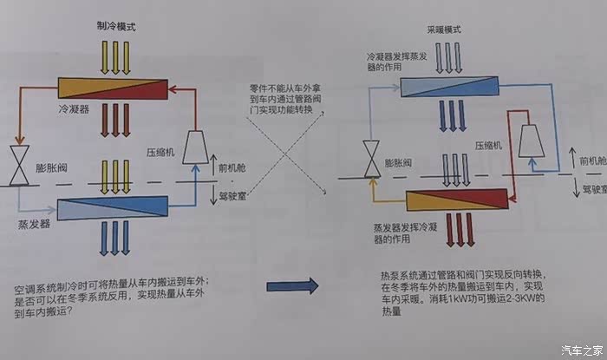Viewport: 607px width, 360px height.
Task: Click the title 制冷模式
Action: (x=116, y=27)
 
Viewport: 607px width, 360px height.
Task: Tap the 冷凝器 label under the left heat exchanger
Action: (x=75, y=111)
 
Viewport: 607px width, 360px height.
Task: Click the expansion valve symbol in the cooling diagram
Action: (x=16, y=164)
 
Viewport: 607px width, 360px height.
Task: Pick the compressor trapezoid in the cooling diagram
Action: (x=193, y=148)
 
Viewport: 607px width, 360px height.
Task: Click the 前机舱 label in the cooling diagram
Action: (x=235, y=167)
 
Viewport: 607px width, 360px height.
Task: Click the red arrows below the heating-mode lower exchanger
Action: (x=454, y=229)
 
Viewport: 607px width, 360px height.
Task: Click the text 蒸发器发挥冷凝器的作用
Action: (x=406, y=233)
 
